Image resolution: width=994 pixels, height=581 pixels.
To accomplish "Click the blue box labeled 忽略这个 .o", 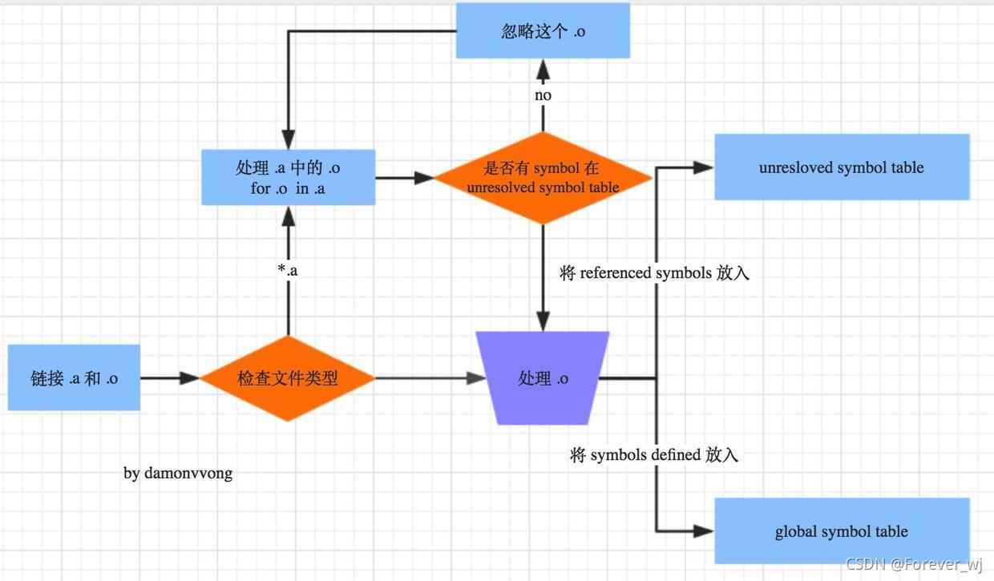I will tap(543, 32).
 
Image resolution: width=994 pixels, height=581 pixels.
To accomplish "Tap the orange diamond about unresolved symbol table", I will tap(543, 177).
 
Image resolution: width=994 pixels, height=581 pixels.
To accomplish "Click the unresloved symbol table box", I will tap(841, 167).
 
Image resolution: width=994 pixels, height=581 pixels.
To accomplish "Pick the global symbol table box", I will tap(841, 531).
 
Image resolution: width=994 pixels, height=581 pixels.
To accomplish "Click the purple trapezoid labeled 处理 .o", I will tap(543, 378).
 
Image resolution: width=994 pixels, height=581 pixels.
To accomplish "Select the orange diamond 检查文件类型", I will tap(287, 378).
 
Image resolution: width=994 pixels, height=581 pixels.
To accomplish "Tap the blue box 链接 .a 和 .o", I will tap(74, 378).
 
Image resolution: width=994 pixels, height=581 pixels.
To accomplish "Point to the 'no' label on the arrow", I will tap(543, 95).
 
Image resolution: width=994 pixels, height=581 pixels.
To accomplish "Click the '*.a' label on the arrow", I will tap(287, 270).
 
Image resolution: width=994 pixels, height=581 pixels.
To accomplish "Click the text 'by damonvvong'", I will tap(178, 473).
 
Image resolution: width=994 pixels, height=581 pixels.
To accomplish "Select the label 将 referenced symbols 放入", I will tap(654, 273).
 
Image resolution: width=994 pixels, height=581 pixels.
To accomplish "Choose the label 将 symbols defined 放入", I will tap(654, 455).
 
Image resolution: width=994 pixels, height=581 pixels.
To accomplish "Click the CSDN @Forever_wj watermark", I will tap(914, 565).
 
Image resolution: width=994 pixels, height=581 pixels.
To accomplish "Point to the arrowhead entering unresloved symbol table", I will tap(704, 167).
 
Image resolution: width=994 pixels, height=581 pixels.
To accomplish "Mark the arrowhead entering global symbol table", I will tap(704, 531).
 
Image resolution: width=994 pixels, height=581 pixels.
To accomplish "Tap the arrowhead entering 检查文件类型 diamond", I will tap(189, 378).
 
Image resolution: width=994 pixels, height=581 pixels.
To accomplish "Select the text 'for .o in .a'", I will tap(288, 188).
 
